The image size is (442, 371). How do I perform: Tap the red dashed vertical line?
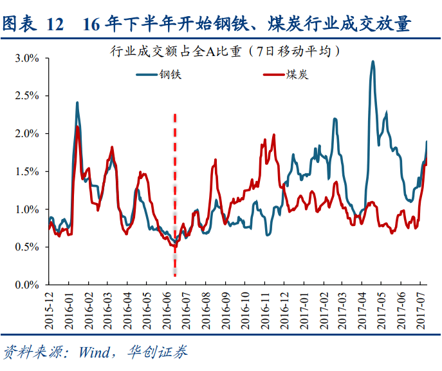(x=175, y=193)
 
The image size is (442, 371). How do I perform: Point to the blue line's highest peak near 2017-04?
(x=373, y=62)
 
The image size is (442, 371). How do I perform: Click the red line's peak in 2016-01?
(x=78, y=127)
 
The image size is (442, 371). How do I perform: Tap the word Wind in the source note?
(x=95, y=352)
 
